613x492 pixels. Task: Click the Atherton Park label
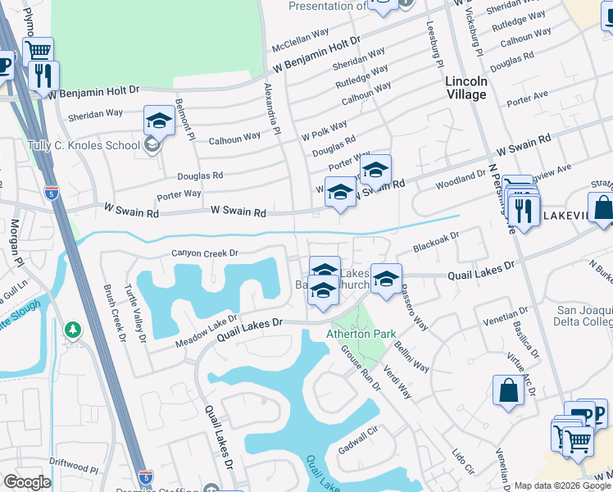click(361, 334)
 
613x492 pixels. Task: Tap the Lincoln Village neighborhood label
click(465, 88)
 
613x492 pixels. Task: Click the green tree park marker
click(73, 330)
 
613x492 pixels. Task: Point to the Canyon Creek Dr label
click(204, 253)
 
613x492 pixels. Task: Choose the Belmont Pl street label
click(187, 122)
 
